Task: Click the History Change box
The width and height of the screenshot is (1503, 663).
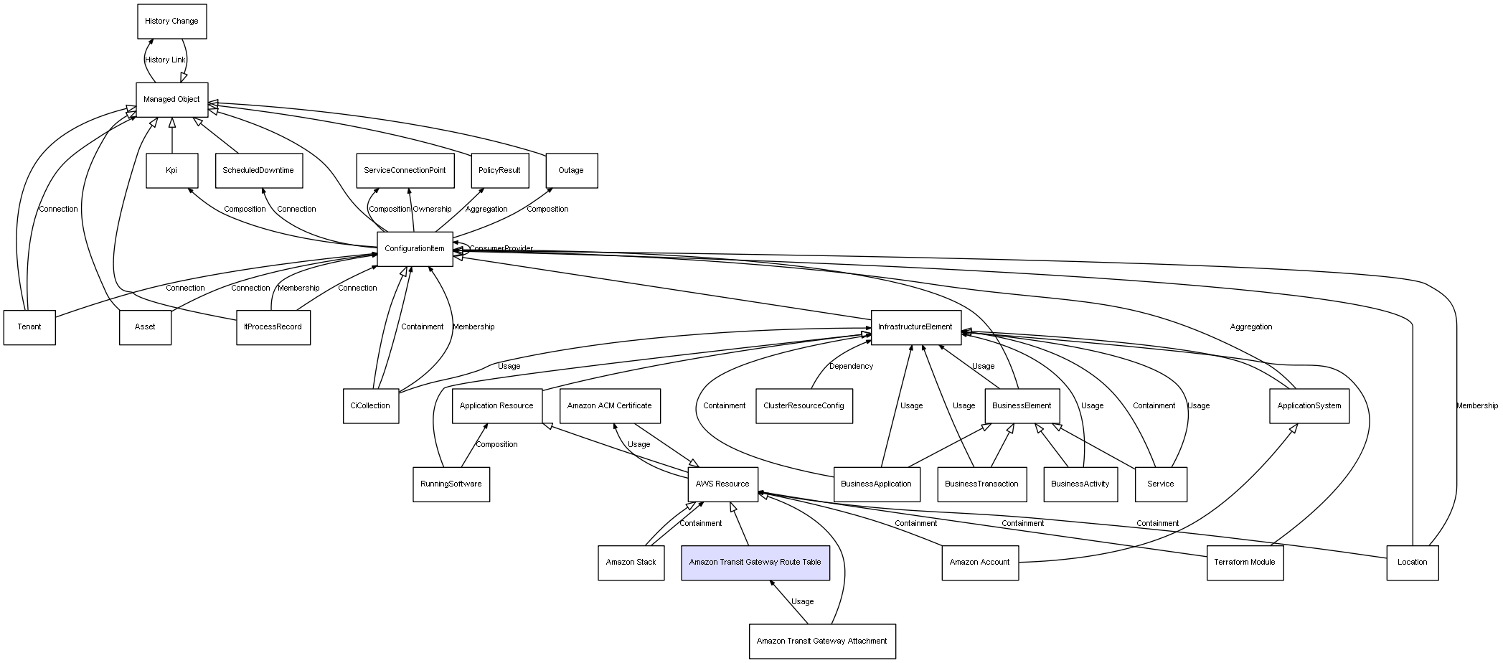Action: [x=172, y=22]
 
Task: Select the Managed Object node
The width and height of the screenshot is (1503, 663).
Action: [x=172, y=100]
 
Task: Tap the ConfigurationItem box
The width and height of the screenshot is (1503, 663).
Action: [x=415, y=249]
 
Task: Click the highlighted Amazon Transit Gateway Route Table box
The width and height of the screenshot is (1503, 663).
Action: [x=755, y=563]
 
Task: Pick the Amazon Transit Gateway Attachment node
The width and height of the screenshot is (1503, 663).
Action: [x=822, y=641]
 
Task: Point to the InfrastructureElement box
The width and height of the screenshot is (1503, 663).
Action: [x=915, y=327]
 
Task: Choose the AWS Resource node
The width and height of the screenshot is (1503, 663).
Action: [x=722, y=484]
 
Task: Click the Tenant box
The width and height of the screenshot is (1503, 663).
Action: [x=29, y=327]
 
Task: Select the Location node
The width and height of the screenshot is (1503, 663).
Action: [x=1412, y=563]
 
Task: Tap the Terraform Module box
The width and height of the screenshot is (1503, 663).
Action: [x=1245, y=563]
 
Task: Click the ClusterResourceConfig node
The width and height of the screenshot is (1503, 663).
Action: [x=804, y=406]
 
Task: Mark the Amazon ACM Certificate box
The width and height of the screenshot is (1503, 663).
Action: [x=609, y=406]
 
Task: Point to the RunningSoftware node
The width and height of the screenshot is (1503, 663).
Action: [x=451, y=484]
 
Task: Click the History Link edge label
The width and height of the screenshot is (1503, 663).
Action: [x=165, y=60]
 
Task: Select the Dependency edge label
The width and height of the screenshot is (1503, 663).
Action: [x=851, y=367]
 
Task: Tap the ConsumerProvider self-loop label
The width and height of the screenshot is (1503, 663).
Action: [x=501, y=249]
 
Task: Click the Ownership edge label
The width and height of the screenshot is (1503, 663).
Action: [x=432, y=210]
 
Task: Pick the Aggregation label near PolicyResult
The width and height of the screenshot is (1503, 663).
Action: [x=486, y=210]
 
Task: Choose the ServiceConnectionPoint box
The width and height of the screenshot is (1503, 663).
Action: [x=405, y=171]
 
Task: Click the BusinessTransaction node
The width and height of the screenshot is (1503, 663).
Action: [x=981, y=484]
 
